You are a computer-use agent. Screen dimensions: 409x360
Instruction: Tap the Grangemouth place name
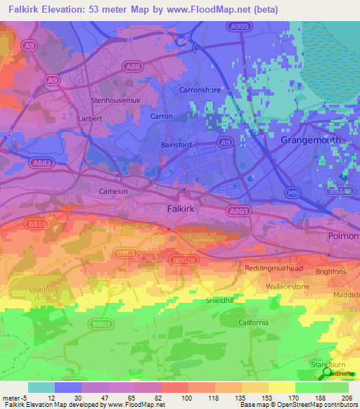[x=311, y=140]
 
